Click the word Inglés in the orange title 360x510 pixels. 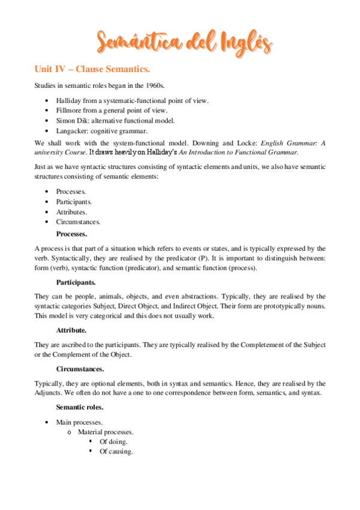[x=240, y=43]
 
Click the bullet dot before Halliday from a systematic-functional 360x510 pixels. [x=47, y=100]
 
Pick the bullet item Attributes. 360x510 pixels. [x=72, y=212]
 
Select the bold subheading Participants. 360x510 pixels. [x=76, y=281]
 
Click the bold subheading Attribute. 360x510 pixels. [x=72, y=330]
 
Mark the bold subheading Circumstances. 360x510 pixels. [x=80, y=369]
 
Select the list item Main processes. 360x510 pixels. [x=80, y=423]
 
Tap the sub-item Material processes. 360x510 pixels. [x=106, y=432]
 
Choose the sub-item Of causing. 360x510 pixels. [x=117, y=452]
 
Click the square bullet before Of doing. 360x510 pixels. [x=90, y=441]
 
